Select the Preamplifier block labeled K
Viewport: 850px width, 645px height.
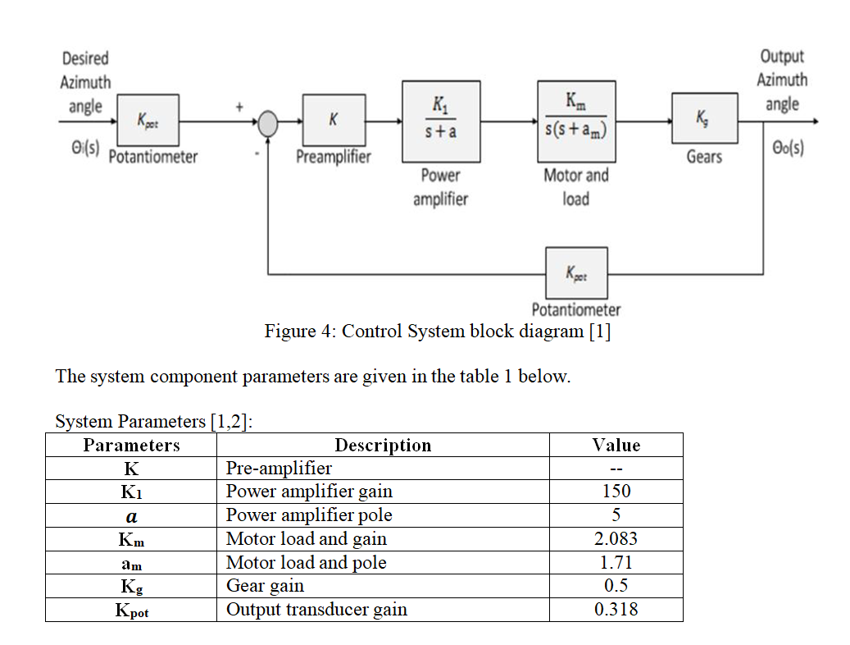334,120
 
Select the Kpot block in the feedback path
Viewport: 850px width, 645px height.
576,272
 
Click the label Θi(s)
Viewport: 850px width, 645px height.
80,151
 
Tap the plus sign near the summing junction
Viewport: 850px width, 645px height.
240,106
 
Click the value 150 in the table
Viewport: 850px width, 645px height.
616,492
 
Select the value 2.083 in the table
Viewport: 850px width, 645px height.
616,539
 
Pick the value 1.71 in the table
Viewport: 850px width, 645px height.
616,563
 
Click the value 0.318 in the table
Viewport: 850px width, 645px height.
616,610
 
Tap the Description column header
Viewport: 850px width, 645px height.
382,446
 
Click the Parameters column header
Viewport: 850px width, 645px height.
131,446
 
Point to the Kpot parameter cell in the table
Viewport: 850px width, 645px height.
131,611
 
